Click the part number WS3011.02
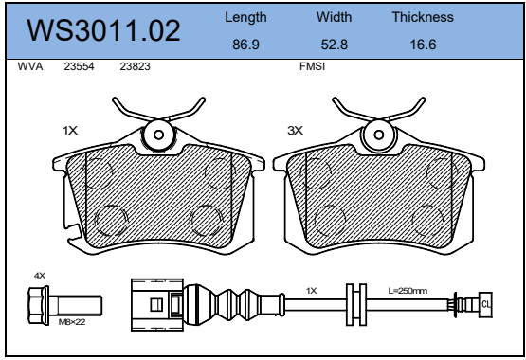pyautogui.click(x=103, y=31)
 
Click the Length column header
pyautogui.click(x=245, y=17)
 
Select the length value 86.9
pyautogui.click(x=245, y=45)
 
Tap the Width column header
pyautogui.click(x=335, y=17)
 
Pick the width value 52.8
pyautogui.click(x=335, y=45)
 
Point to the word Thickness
pyautogui.click(x=423, y=17)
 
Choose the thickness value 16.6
pyautogui.click(x=423, y=45)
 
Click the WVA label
pyautogui.click(x=30, y=66)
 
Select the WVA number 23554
pyautogui.click(x=80, y=66)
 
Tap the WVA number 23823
pyautogui.click(x=136, y=66)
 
